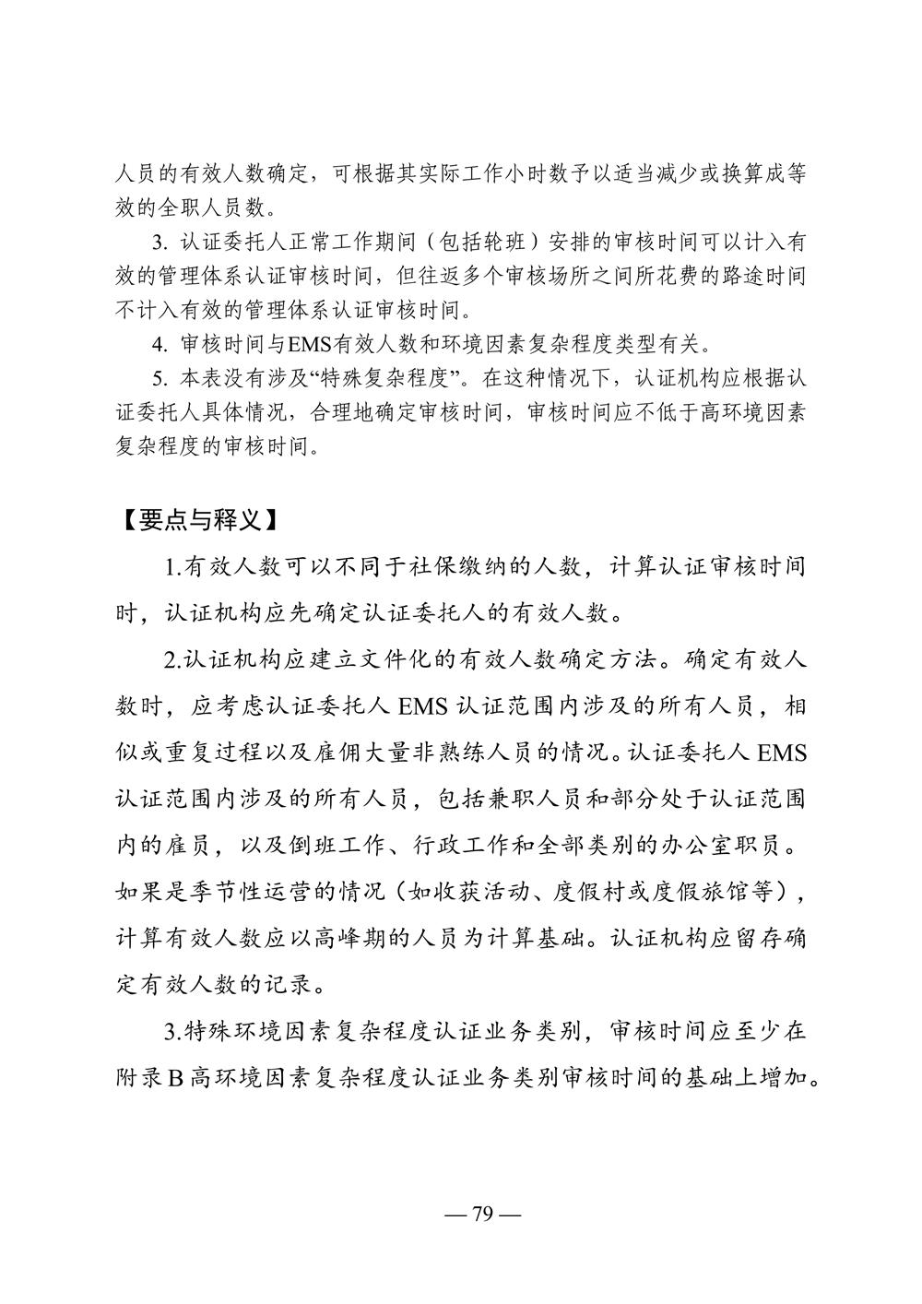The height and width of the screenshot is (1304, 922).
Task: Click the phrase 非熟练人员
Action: [482, 752]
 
